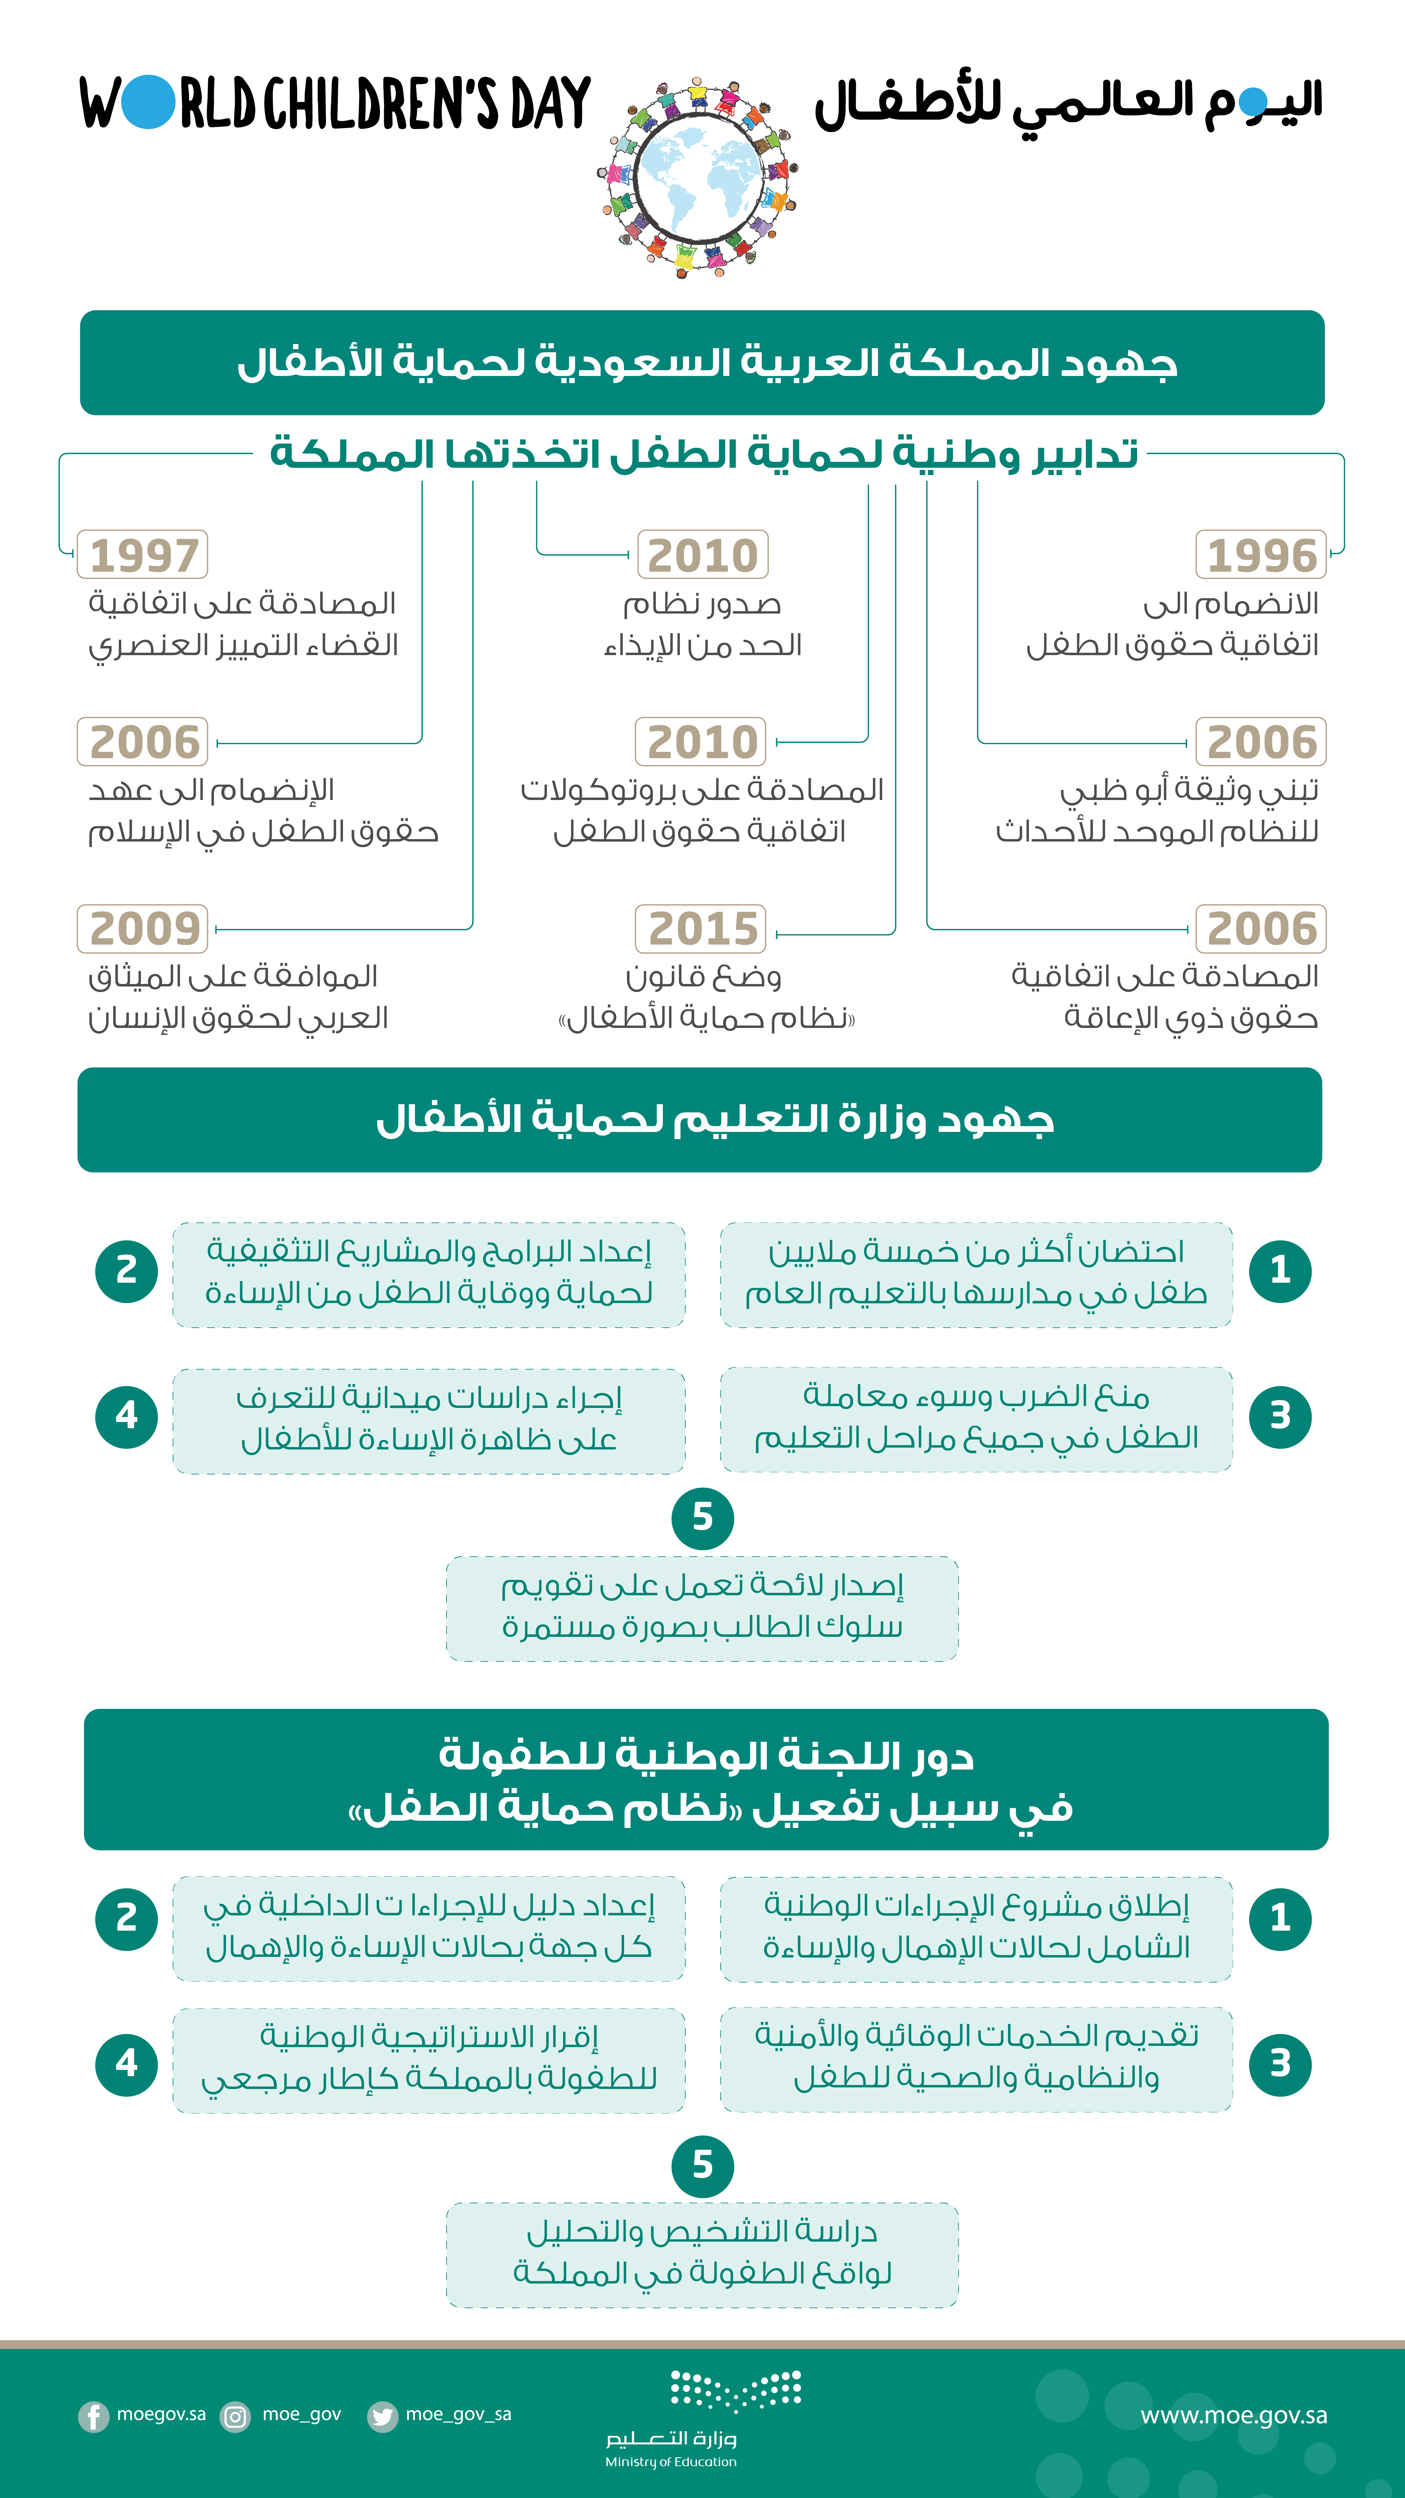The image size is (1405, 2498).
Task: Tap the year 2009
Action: [144, 929]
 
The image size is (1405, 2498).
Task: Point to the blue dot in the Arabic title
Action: [1253, 101]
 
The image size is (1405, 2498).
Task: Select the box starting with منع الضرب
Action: [975, 1419]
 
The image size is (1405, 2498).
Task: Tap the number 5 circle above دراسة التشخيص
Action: [702, 2165]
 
